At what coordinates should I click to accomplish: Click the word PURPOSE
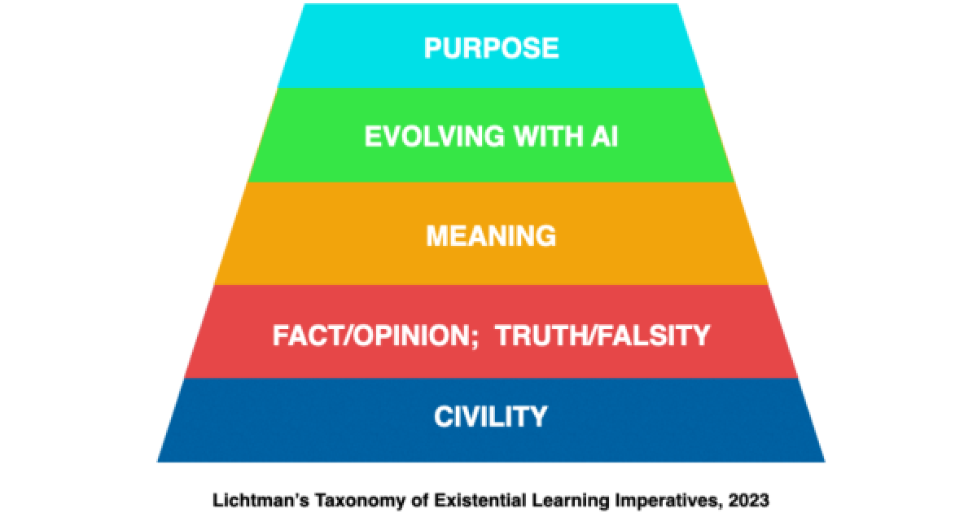tap(491, 48)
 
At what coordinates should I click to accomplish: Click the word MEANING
tap(491, 236)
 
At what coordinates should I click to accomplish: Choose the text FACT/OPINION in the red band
tap(370, 335)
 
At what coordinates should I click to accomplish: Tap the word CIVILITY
tap(491, 417)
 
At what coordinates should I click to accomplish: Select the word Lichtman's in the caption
tap(261, 500)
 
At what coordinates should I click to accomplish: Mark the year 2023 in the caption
tap(748, 500)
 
